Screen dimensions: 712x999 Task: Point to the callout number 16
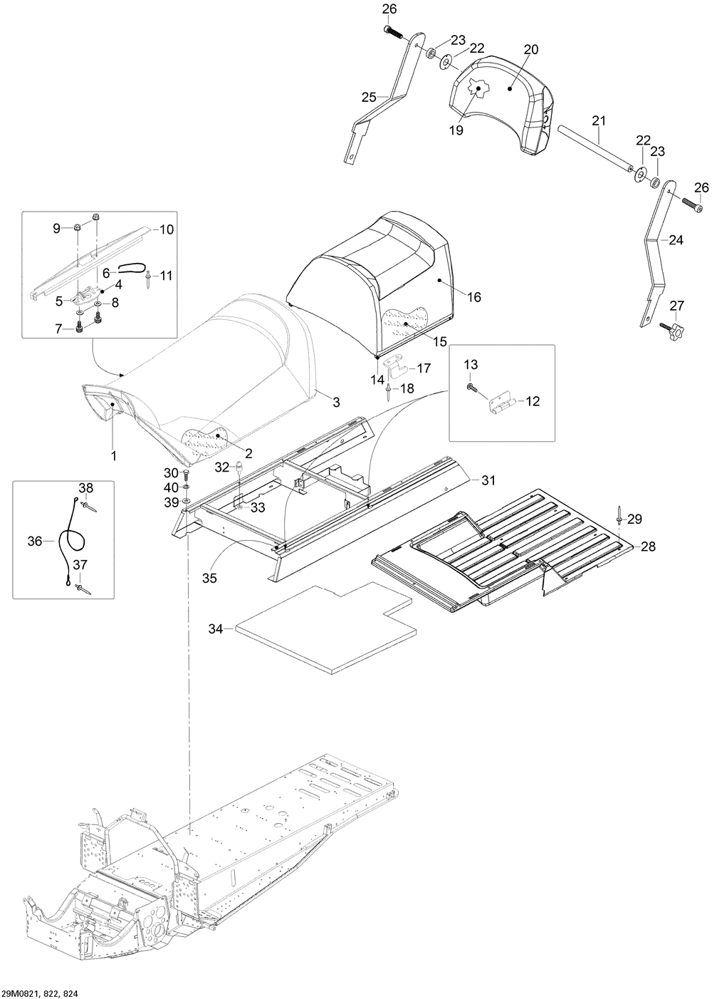click(x=474, y=296)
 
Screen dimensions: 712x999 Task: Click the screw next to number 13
click(x=471, y=388)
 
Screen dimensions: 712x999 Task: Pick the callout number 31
click(x=488, y=480)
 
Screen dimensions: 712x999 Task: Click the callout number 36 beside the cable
click(x=35, y=541)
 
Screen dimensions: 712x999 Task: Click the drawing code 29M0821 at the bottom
click(x=21, y=990)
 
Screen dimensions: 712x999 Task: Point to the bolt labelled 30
click(x=186, y=474)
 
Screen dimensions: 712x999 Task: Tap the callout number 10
click(x=167, y=229)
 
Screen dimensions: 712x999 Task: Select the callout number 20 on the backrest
click(x=531, y=49)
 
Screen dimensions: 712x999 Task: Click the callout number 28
click(x=649, y=546)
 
